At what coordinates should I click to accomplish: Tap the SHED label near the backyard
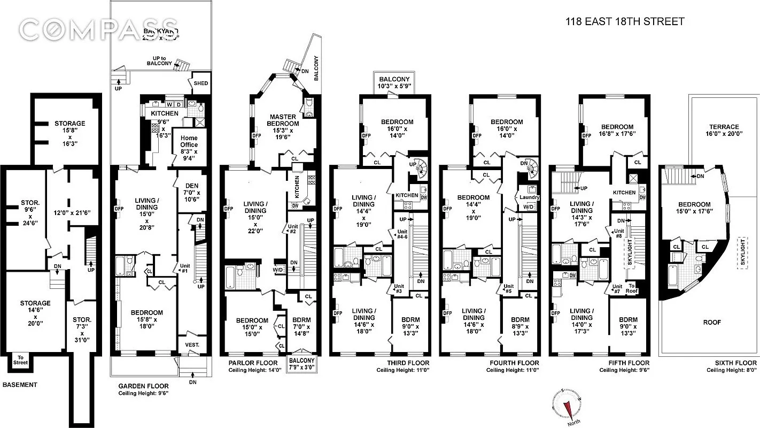[200, 83]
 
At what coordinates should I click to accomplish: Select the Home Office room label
[189, 145]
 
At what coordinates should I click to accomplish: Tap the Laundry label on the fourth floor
[529, 197]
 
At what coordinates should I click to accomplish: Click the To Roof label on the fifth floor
[632, 288]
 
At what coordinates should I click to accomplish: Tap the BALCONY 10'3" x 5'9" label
[395, 83]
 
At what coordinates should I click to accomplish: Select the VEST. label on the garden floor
[192, 345]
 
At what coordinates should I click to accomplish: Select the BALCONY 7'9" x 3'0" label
[301, 363]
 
